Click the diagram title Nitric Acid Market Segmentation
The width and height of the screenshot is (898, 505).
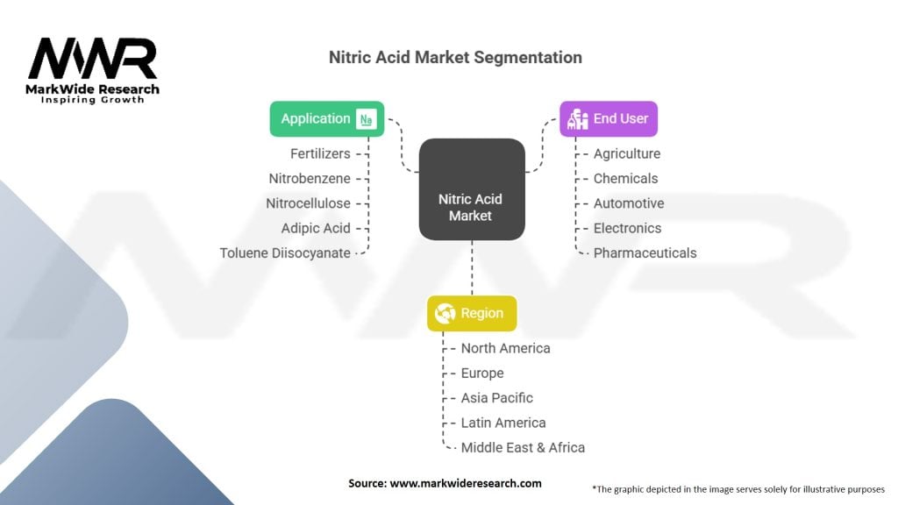[x=454, y=58]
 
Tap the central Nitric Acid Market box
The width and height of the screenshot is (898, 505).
[x=471, y=208]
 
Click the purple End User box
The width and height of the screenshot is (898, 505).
[x=609, y=119]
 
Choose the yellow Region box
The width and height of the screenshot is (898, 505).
[x=472, y=313]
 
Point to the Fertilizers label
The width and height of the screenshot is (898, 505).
[x=320, y=153]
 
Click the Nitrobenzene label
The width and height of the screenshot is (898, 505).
[x=310, y=178]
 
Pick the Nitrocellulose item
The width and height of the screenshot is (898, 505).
[x=308, y=203]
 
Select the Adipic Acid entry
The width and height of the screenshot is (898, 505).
[x=316, y=228]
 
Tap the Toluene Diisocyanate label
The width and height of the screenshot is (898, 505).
[x=285, y=252]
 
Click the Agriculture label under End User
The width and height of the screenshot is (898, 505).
[x=627, y=153]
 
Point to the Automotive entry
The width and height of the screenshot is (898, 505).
[x=629, y=203]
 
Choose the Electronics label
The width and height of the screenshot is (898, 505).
[x=627, y=228]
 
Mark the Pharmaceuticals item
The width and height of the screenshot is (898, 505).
[x=645, y=252]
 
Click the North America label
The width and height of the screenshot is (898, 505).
[x=506, y=348]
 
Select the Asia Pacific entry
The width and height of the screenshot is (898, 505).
[x=497, y=397]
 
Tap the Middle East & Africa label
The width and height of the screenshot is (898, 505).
[x=523, y=447]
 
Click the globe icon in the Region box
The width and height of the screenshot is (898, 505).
[x=445, y=313]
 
